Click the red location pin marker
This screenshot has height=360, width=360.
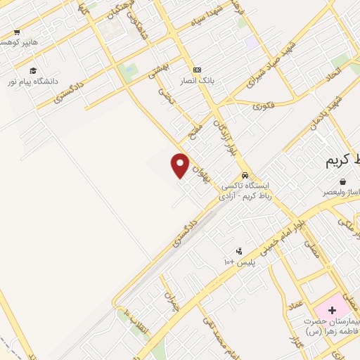click(181, 165)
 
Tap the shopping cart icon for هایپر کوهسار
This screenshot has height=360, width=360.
click(17, 32)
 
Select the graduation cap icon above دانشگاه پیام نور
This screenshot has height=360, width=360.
click(32, 70)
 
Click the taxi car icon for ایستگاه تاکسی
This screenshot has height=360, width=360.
click(244, 175)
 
